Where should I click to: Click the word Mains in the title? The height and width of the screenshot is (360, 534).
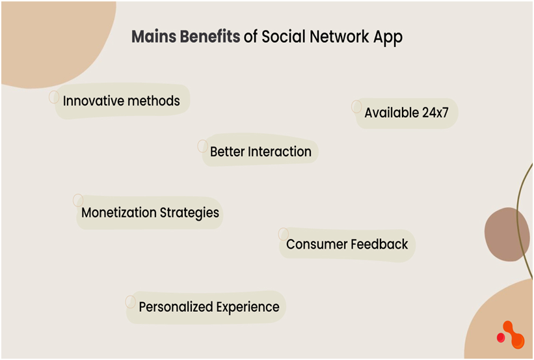[x=154, y=36]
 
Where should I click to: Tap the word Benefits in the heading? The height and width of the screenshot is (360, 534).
[x=210, y=36]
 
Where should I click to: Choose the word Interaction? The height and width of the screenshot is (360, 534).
[x=280, y=152]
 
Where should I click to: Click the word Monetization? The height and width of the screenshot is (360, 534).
[x=119, y=212]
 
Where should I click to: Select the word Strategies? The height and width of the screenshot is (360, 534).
[x=189, y=214]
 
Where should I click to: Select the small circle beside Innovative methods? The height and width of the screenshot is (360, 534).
[x=54, y=97]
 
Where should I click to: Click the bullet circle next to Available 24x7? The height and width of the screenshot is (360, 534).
[x=356, y=106]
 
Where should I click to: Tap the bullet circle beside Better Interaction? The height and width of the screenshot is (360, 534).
[x=202, y=146]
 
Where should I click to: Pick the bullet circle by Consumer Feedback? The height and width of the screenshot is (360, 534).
[x=284, y=234]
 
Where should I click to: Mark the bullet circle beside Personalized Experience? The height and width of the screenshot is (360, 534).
[x=131, y=301]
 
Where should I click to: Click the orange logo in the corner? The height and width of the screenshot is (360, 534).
[x=511, y=335]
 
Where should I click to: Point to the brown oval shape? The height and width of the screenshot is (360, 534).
[x=503, y=234]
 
